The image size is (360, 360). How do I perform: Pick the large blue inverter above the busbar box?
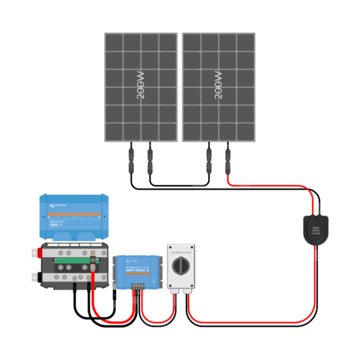(x=71, y=217)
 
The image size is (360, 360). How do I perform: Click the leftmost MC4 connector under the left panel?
(x=131, y=158)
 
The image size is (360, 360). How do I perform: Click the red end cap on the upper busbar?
(x=43, y=251)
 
